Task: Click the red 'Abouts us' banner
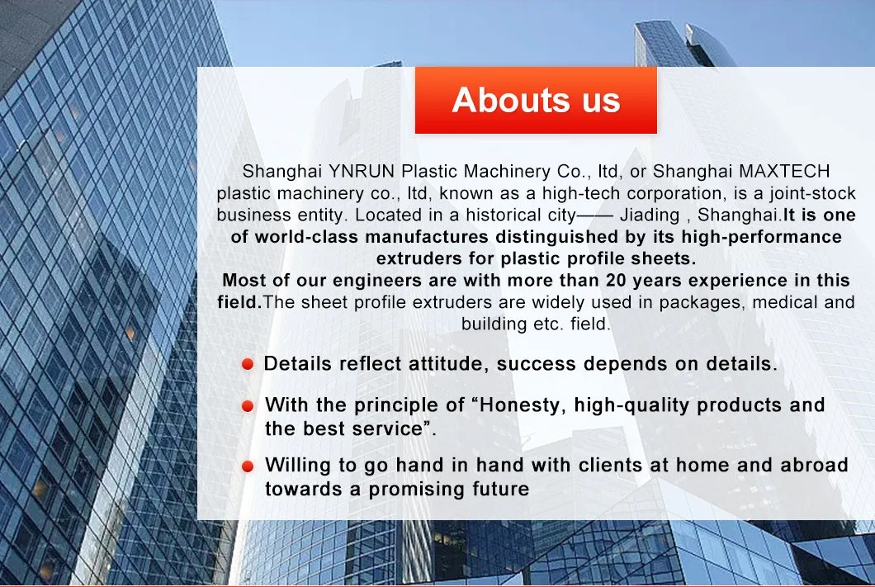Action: (x=536, y=101)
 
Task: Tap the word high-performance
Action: (x=762, y=237)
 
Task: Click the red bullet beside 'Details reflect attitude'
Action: (x=248, y=364)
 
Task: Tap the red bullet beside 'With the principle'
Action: (x=248, y=406)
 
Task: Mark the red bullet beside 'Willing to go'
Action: (x=248, y=466)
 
